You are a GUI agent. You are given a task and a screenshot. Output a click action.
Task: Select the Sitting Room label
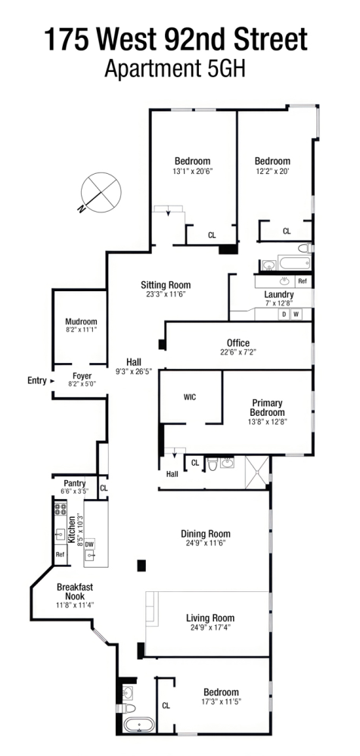coord(166,285)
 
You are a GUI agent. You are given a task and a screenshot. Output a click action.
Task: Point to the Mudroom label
coord(81,321)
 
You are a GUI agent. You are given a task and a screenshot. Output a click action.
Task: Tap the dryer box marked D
coord(284,314)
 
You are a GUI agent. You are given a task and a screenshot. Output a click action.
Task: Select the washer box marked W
coord(296,314)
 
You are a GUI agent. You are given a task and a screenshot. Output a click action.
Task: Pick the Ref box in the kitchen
coord(60,554)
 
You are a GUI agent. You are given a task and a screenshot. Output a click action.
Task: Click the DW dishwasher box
coord(89,544)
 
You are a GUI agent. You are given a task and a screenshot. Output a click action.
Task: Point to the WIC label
coord(190,397)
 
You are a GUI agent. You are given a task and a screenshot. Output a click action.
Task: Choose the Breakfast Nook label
coord(74,590)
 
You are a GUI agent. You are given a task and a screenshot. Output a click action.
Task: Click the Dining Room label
coord(204,532)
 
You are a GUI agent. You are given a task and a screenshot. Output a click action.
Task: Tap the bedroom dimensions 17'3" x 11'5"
coord(221,702)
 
